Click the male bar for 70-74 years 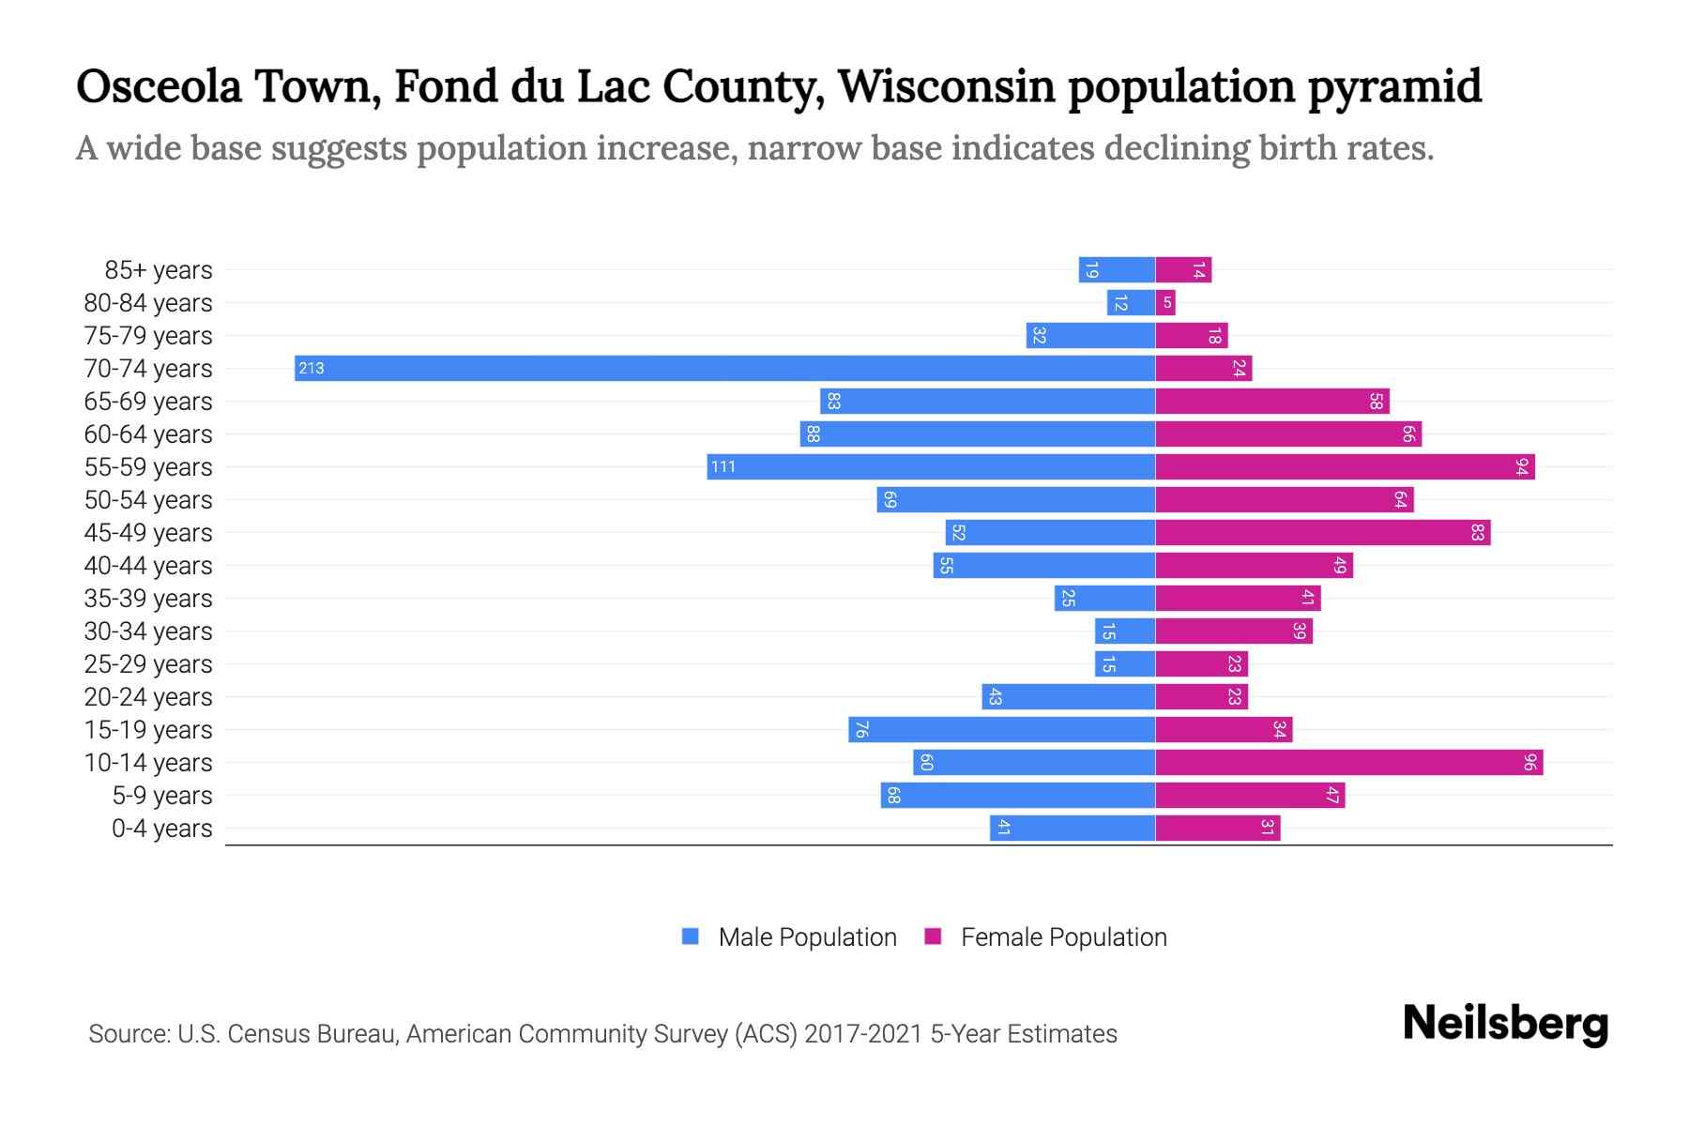pos(724,368)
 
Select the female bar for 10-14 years pos(1348,762)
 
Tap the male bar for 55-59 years pos(931,466)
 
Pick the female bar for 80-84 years pos(1165,302)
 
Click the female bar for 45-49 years pos(1322,532)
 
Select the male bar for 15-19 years pos(1001,729)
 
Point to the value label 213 pos(312,368)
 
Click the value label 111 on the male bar pos(723,466)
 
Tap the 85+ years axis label pos(159,270)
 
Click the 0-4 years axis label pos(161,829)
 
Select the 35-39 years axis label pos(148,599)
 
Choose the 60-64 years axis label pos(148,434)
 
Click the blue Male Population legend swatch pos(691,936)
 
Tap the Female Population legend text pos(1063,937)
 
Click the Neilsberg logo pos(1505,1024)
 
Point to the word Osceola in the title pos(159,86)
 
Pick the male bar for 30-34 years pos(1124,631)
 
